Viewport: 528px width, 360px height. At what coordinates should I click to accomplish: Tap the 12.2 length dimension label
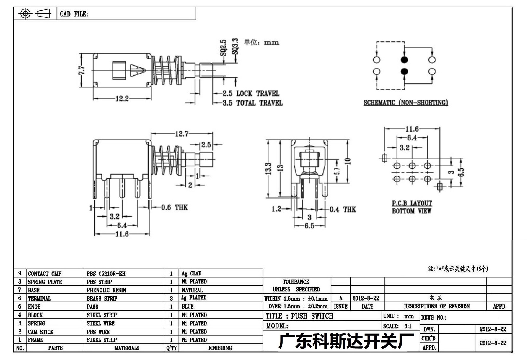tap(122, 99)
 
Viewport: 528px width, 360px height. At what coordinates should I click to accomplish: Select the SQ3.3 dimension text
tap(235, 46)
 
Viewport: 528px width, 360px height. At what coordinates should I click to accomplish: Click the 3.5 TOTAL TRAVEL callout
tap(252, 103)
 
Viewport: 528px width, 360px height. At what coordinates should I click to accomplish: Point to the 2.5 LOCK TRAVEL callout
tap(251, 93)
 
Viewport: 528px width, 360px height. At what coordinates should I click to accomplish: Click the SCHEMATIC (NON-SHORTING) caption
tap(406, 103)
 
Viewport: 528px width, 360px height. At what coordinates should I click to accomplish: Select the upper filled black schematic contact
tap(404, 60)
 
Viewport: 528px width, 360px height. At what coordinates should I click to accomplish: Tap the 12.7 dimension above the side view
tap(182, 134)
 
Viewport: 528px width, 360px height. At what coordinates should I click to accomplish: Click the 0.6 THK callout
tap(174, 207)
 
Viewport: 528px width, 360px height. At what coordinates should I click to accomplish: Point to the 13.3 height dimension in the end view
tap(268, 169)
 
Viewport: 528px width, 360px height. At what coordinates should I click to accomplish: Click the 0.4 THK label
tap(343, 210)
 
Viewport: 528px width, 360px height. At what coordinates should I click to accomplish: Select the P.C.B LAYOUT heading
tap(412, 203)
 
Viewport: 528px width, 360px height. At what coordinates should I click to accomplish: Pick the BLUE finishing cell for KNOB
tap(188, 307)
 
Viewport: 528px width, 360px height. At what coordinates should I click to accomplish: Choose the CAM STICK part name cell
tap(41, 332)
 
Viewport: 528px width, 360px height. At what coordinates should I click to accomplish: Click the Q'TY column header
tap(171, 348)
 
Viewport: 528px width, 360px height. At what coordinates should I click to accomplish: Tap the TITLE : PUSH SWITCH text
tap(299, 316)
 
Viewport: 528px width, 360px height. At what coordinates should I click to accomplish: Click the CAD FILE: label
tap(74, 14)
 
